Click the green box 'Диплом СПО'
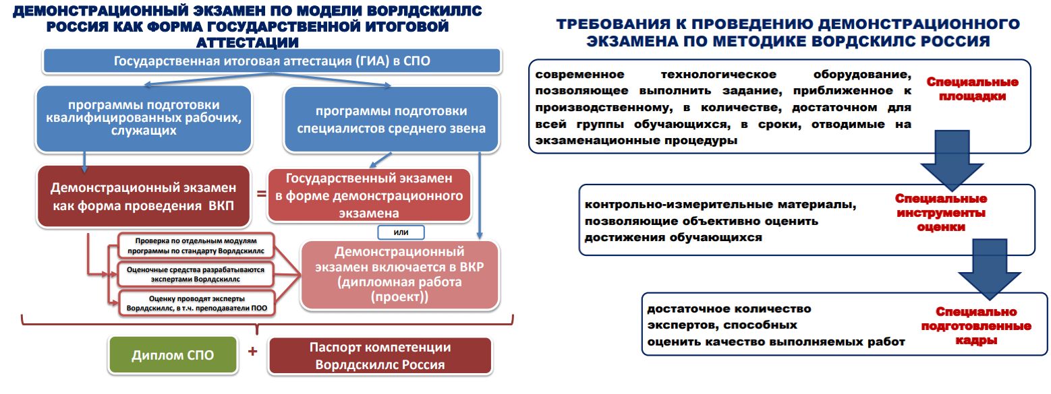(x=173, y=355)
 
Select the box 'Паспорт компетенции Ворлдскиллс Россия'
(x=380, y=356)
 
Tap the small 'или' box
(x=401, y=232)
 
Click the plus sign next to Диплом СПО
(x=252, y=351)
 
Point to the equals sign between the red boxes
(x=261, y=193)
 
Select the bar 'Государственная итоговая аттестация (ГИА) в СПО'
(x=272, y=61)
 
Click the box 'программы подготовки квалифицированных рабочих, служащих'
(x=144, y=118)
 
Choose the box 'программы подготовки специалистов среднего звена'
(x=391, y=119)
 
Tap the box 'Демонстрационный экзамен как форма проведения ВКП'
(x=143, y=196)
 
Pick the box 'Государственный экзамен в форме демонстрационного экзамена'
(x=369, y=195)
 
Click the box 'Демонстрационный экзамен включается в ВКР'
(x=400, y=275)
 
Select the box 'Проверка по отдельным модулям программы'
(x=196, y=246)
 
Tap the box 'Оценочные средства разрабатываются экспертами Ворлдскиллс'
(x=196, y=275)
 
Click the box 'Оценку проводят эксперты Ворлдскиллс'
(x=196, y=303)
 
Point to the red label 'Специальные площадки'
(x=972, y=89)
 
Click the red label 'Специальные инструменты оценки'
(x=941, y=213)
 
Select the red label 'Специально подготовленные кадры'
(x=976, y=325)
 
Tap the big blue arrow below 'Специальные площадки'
(x=952, y=160)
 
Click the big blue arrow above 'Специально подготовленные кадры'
(x=990, y=269)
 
